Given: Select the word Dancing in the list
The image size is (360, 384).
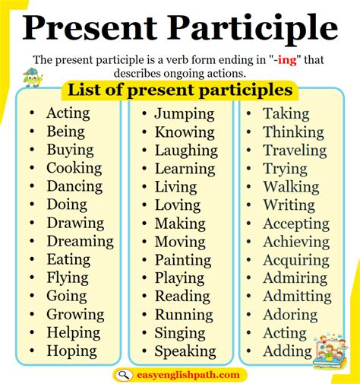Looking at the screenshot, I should tap(74, 186).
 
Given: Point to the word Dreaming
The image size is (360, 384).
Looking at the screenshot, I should tap(80, 241).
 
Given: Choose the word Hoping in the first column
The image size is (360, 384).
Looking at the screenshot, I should tap(71, 351).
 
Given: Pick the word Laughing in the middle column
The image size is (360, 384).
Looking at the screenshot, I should tap(185, 151).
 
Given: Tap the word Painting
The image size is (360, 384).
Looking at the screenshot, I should tap(182, 260).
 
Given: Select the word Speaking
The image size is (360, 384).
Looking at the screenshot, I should tap(185, 351).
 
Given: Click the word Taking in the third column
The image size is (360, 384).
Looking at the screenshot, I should tap(286, 114).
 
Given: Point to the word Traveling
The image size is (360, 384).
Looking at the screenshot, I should tap(295, 151).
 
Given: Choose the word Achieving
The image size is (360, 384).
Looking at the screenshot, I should tap(295, 242).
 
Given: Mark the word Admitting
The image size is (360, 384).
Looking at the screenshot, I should tap(297, 297).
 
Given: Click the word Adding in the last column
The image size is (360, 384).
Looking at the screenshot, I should tap(287, 351).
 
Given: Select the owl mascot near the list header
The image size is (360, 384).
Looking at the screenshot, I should tap(32, 77).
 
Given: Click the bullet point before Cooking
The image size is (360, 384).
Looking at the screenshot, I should tap(32, 169).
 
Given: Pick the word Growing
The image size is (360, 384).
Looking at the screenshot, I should tap(75, 315).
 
